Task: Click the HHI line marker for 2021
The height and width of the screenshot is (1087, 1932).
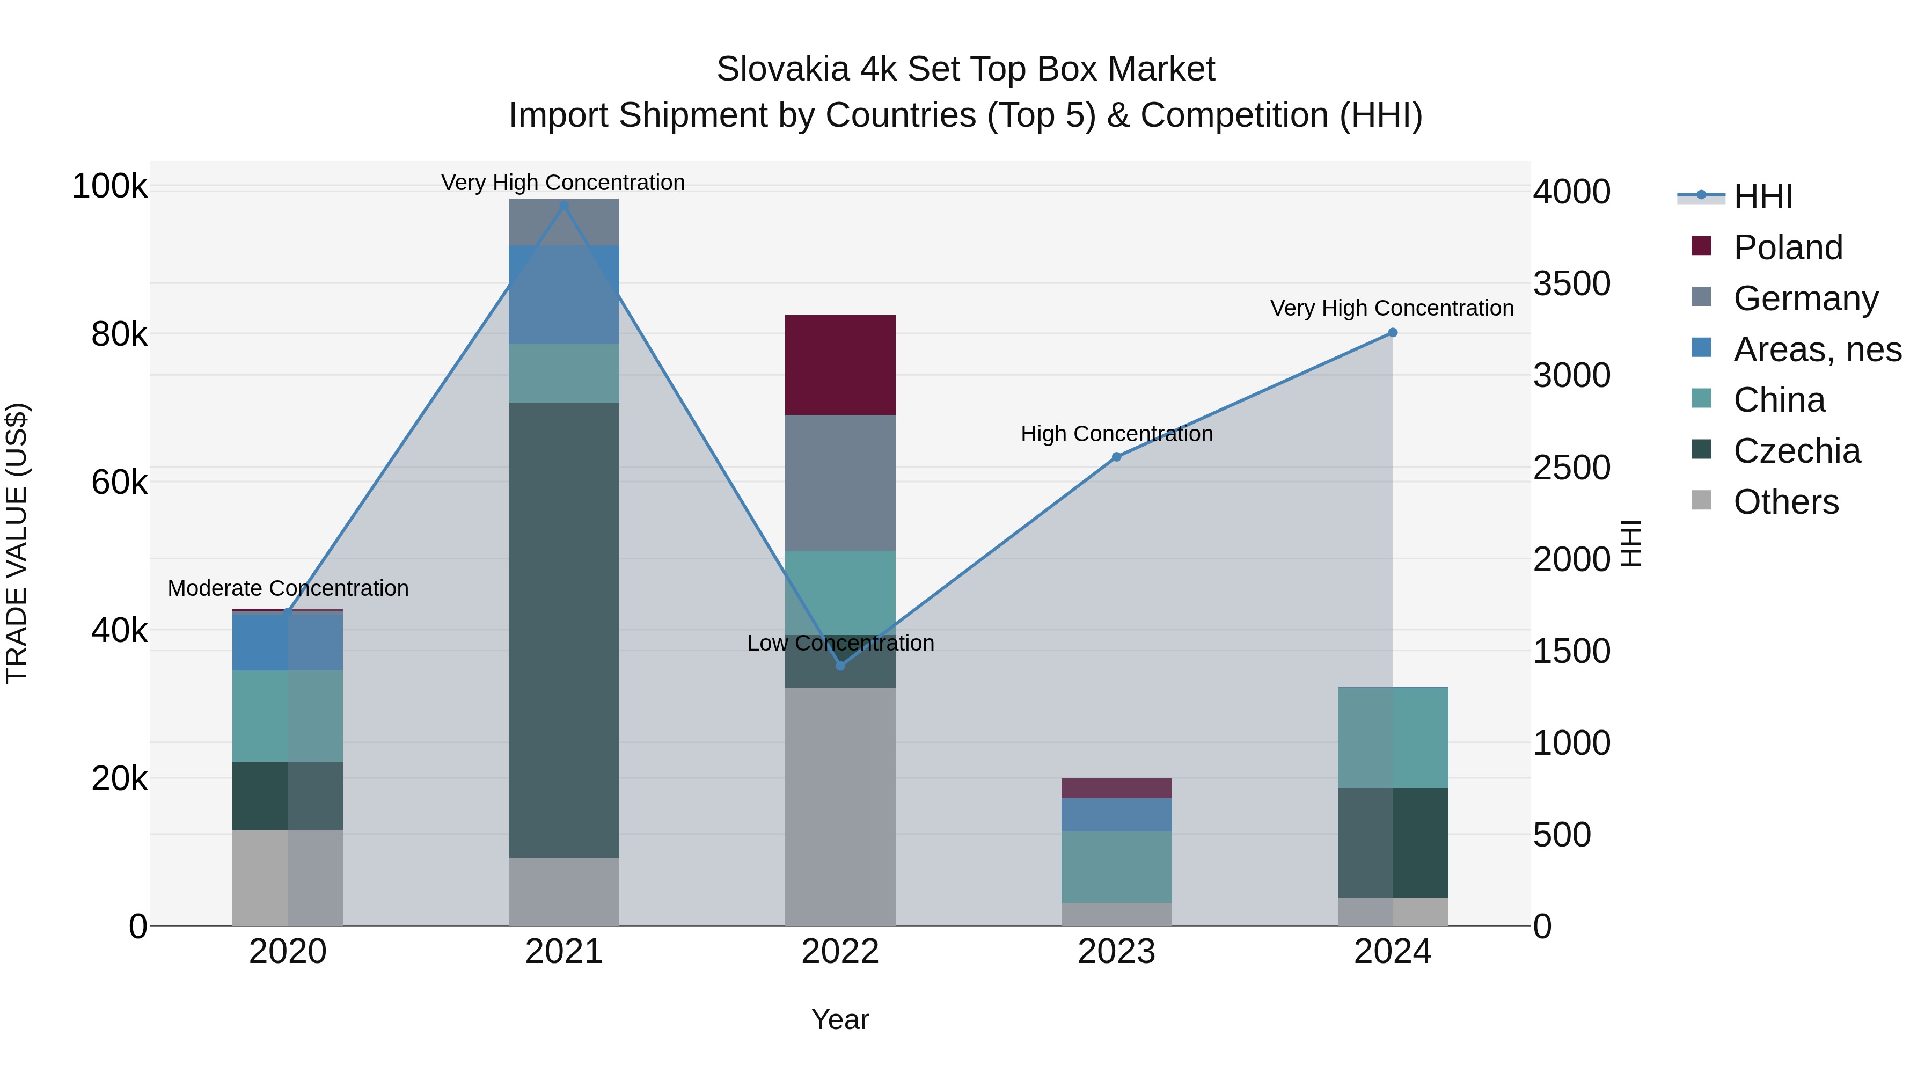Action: tap(564, 206)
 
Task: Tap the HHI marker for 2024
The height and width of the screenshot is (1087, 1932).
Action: tap(1393, 332)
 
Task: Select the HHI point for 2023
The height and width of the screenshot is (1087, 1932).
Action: tap(1116, 457)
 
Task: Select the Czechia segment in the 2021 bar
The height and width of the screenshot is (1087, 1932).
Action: tap(564, 630)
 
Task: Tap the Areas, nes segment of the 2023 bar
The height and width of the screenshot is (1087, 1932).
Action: tap(1116, 815)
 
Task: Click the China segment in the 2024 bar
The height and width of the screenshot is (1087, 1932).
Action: tap(1393, 738)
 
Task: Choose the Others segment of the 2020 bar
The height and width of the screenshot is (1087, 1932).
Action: tap(287, 877)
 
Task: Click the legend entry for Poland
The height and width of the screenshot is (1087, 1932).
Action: tap(1787, 247)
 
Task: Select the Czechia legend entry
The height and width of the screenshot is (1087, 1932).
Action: tap(1796, 451)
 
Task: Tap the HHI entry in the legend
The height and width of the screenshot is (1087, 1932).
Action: tap(1762, 196)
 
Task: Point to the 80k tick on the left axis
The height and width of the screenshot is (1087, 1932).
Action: tap(119, 334)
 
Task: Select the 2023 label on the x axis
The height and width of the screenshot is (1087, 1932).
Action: tap(1116, 952)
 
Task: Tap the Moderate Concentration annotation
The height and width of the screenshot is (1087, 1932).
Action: tap(288, 588)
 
